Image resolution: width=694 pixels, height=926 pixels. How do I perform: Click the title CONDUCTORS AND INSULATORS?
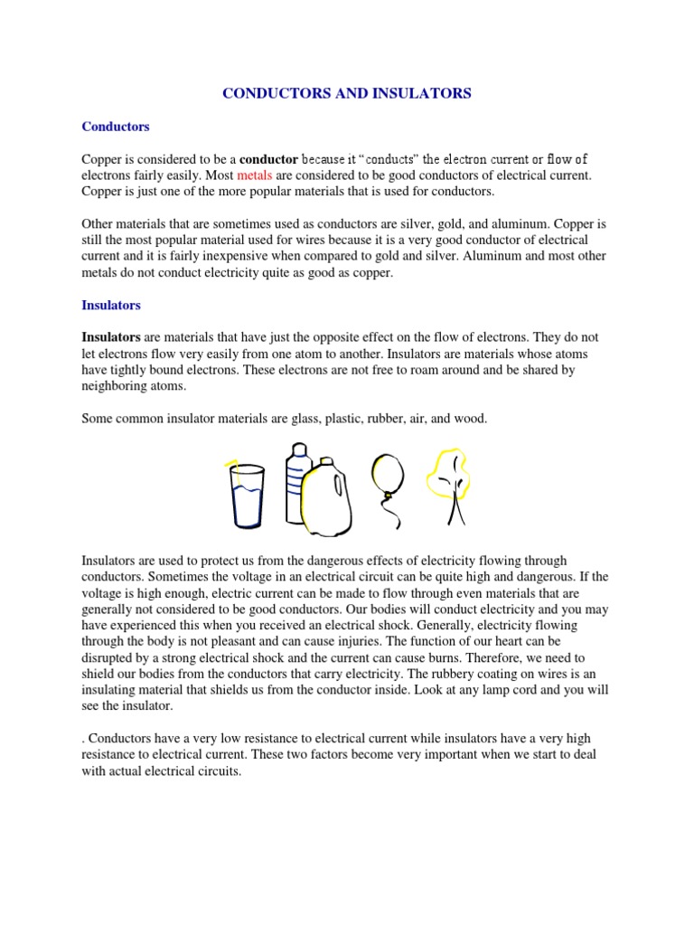click(x=347, y=93)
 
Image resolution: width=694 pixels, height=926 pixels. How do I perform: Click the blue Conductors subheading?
click(x=116, y=127)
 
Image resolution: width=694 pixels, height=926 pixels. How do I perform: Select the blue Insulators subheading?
click(x=111, y=306)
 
